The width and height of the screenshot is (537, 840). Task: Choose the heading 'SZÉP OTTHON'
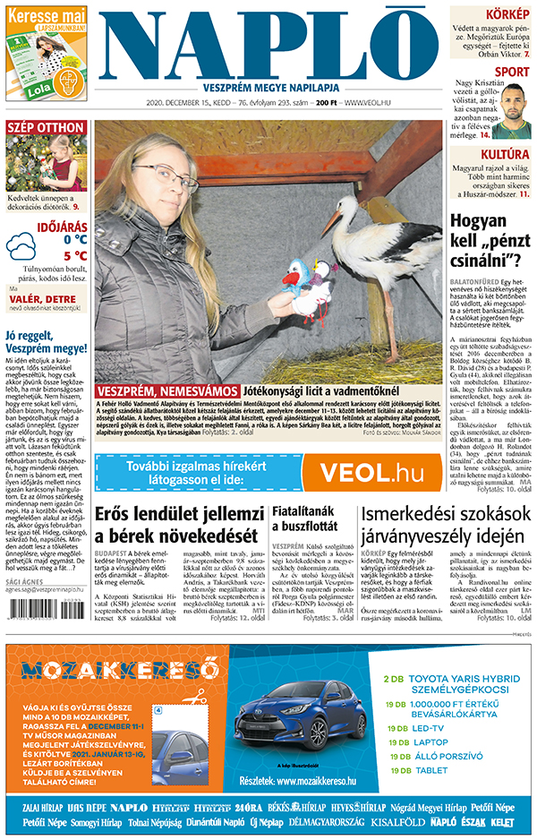click(x=45, y=128)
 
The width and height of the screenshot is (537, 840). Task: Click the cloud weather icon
click(x=21, y=247)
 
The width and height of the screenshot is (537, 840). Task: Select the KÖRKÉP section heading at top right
click(x=508, y=15)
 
